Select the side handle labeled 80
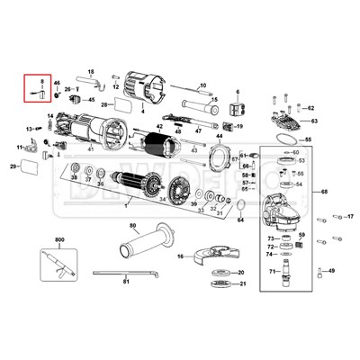(x=135, y=243)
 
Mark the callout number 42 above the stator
(x=159, y=127)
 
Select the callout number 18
(x=91, y=70)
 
